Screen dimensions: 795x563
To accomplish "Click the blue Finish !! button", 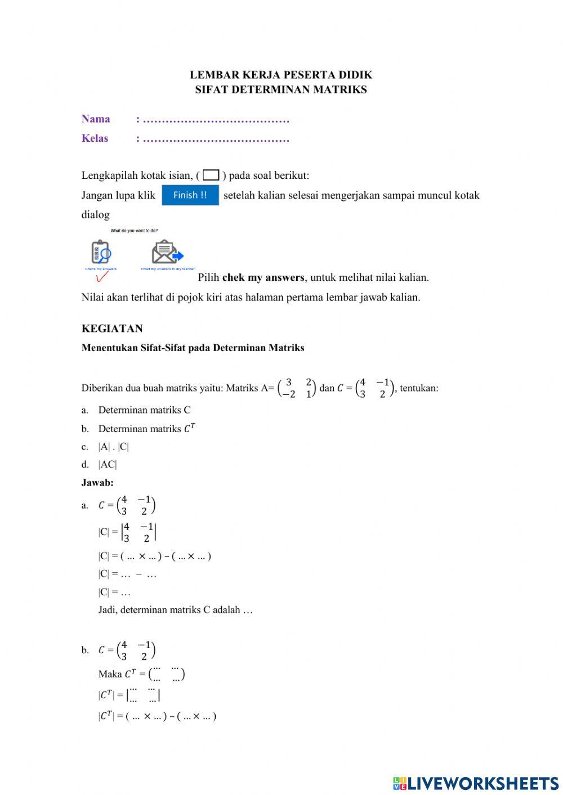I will (x=190, y=195).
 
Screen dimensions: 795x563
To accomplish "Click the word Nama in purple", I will (x=96, y=119).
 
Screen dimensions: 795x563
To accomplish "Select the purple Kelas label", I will (x=95, y=138).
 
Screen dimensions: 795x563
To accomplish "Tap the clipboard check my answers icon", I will (x=101, y=253).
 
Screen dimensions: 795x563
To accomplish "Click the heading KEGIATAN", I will (x=112, y=329).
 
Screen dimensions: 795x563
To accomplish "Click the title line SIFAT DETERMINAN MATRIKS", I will (x=281, y=89).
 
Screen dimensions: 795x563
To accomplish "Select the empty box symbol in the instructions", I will (x=211, y=176).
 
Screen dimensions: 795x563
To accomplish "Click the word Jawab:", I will (x=97, y=483).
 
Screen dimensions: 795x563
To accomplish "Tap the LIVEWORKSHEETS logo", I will (x=476, y=783).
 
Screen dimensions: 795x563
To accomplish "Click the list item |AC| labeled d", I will (x=108, y=465).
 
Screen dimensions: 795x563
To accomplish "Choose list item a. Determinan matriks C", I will (x=144, y=410).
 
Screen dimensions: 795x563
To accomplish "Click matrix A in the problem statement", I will (x=297, y=388).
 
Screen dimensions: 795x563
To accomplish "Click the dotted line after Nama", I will (x=216, y=120).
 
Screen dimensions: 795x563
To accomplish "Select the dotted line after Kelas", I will (x=216, y=140).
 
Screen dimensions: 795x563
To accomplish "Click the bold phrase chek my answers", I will (x=263, y=277).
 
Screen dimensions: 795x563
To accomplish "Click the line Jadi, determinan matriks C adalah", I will (x=175, y=610).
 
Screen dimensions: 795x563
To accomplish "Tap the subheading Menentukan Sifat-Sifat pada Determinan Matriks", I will (x=193, y=348).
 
